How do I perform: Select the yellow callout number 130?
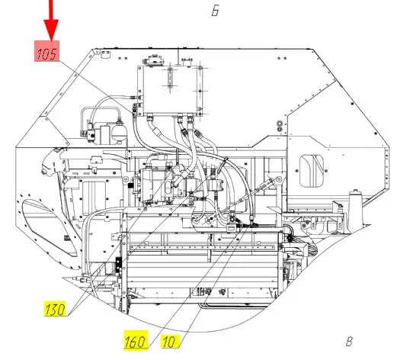(x=55, y=309)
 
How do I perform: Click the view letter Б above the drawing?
(x=215, y=11)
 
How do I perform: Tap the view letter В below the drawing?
(x=349, y=342)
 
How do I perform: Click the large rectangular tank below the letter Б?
(x=170, y=91)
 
